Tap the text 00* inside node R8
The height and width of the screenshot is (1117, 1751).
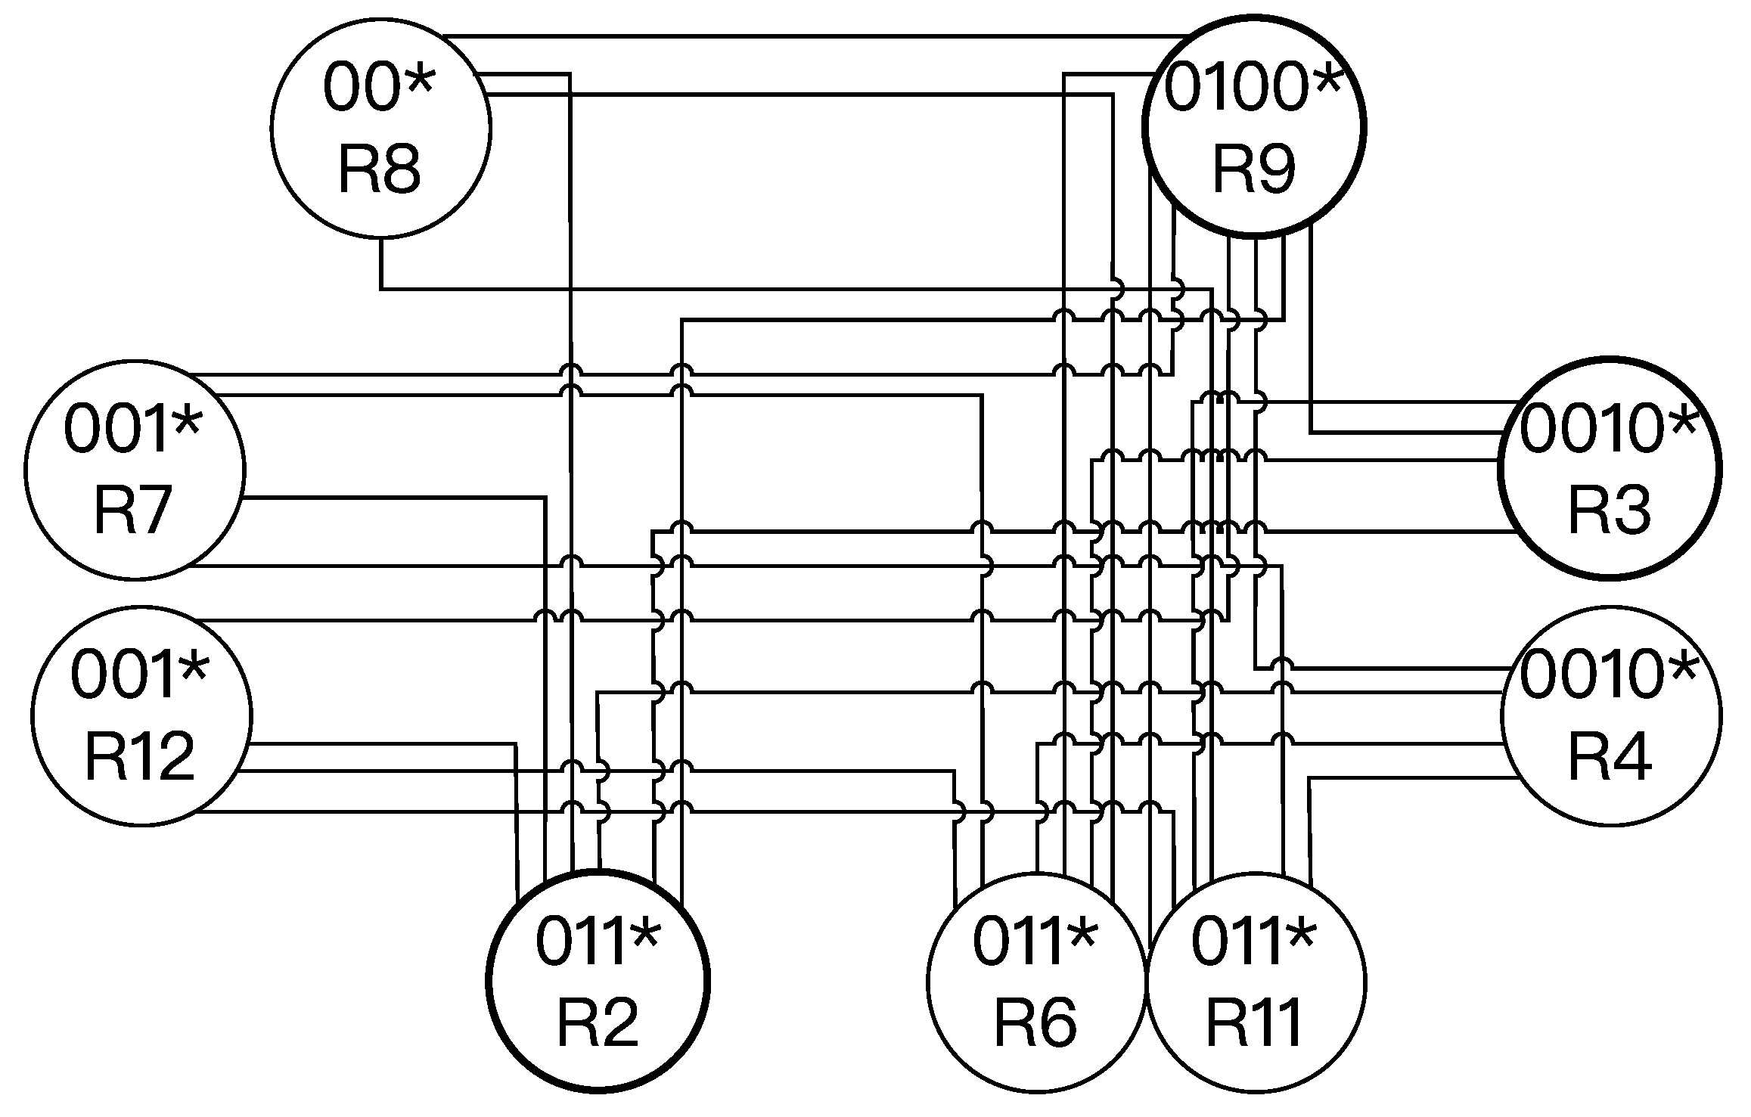[x=378, y=88]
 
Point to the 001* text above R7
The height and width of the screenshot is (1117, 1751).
[x=132, y=430]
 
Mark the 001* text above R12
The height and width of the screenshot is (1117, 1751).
[x=139, y=675]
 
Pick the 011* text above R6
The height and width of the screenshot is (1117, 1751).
[x=1035, y=941]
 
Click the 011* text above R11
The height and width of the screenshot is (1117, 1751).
[x=1254, y=941]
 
